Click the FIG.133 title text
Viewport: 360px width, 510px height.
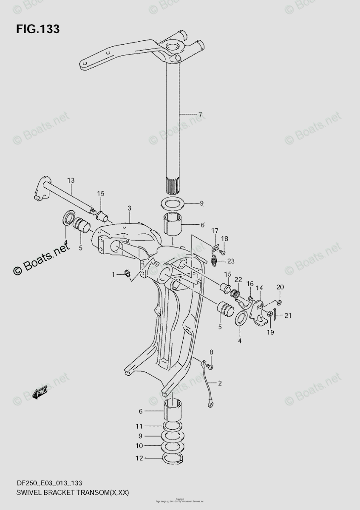tap(38, 29)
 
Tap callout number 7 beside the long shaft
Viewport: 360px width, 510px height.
tap(200, 114)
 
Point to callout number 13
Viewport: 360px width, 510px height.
tap(71, 181)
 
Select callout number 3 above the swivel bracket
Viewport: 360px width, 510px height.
tap(130, 208)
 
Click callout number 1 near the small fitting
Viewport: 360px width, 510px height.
tap(113, 275)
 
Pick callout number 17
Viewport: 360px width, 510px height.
tap(214, 231)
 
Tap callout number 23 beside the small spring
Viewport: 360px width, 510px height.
tap(231, 261)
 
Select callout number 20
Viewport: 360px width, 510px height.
tap(280, 287)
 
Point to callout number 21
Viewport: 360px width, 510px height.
tap(288, 315)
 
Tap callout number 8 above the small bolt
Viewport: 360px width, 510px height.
tap(211, 352)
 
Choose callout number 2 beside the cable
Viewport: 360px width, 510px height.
tap(220, 383)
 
